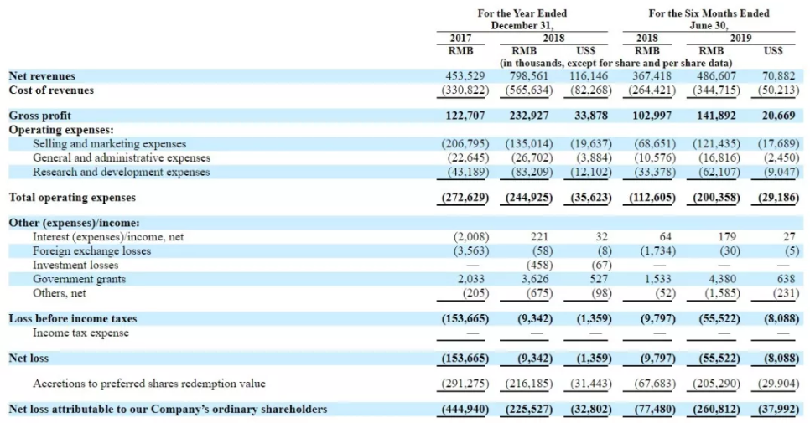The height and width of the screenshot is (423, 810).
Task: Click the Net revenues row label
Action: tap(42, 76)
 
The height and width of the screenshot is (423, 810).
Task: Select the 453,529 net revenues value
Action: tap(465, 76)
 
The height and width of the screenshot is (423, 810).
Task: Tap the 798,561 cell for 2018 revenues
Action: tap(529, 76)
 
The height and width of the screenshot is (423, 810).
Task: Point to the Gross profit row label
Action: tap(39, 116)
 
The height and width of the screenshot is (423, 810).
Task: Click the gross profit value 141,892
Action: tap(716, 116)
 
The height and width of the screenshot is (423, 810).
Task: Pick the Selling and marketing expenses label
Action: tap(110, 144)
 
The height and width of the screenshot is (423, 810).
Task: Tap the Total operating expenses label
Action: tap(72, 198)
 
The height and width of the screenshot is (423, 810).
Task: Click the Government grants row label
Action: tap(79, 279)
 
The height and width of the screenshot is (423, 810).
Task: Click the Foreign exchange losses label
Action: tap(92, 251)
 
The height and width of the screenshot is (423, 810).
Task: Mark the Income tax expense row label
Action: tap(80, 333)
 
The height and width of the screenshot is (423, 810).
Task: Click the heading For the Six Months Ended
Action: tap(709, 13)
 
